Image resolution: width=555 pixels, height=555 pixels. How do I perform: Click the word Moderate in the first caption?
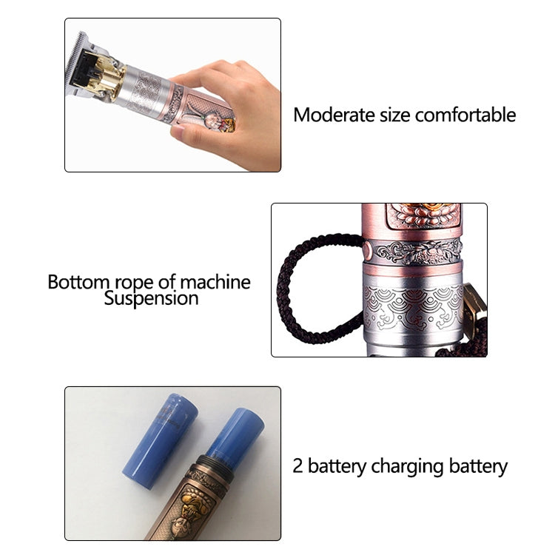click(x=334, y=115)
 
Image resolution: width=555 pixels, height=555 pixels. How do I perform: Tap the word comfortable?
click(x=465, y=115)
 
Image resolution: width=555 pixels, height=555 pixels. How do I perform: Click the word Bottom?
click(x=78, y=282)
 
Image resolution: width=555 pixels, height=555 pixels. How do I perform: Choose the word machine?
click(x=215, y=282)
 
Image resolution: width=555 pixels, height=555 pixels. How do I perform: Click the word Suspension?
click(x=151, y=298)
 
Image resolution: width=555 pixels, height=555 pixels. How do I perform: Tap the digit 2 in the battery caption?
click(x=297, y=465)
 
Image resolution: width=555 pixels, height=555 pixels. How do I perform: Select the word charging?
click(x=408, y=467)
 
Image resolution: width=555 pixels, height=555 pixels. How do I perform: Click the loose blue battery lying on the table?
click(x=160, y=441)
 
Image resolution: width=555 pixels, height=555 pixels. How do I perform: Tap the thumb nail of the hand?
click(x=178, y=132)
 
